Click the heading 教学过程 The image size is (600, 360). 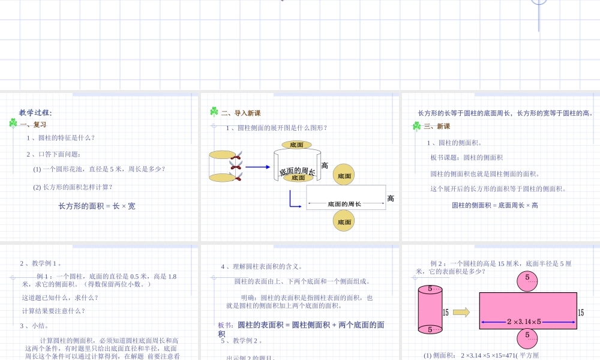[35, 112]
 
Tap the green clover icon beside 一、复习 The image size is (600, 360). [13, 123]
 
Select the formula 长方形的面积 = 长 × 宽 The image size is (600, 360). [97, 206]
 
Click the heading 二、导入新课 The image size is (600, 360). [241, 113]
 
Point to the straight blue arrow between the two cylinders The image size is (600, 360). [258, 167]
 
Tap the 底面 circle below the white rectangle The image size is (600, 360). [344, 221]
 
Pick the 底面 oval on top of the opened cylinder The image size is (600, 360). [296, 145]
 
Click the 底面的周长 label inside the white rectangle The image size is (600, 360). [344, 205]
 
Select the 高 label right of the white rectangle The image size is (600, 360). [391, 199]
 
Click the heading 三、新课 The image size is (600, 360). [437, 126]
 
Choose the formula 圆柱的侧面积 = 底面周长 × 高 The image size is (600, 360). [495, 205]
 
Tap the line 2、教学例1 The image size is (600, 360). [41, 263]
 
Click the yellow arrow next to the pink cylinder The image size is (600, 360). [461, 312]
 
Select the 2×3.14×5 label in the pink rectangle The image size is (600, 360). [524, 322]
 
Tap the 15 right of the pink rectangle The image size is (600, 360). [581, 313]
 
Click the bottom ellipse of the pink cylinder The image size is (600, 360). [430, 329]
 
